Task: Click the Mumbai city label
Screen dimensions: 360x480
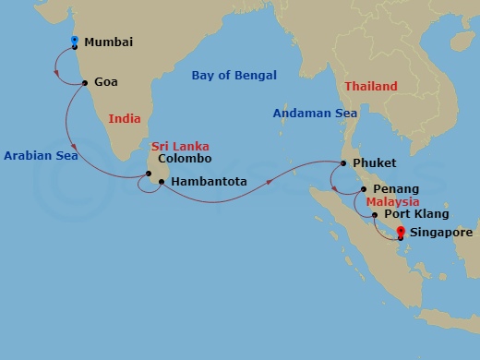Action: (x=108, y=42)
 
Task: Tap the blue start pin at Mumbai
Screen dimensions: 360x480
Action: (x=74, y=41)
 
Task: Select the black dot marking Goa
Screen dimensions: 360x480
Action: (x=85, y=82)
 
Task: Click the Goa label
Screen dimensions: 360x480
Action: (x=106, y=82)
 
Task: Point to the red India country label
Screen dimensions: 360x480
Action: (x=125, y=118)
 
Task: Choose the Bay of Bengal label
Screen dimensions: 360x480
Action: (x=234, y=76)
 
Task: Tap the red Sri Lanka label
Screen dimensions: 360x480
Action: (x=180, y=146)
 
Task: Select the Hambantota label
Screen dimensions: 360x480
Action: (x=210, y=182)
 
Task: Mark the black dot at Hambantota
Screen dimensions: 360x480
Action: (x=162, y=182)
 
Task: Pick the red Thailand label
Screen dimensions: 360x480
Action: (x=371, y=87)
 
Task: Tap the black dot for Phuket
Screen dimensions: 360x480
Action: (x=342, y=164)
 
